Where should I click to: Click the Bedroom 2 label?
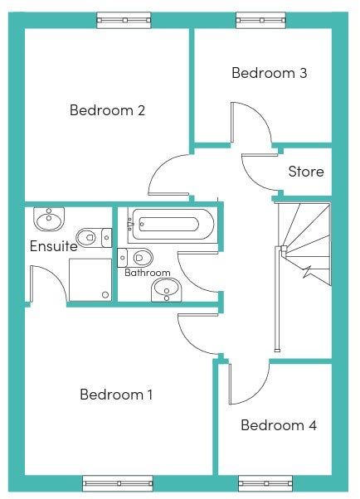(x=107, y=110)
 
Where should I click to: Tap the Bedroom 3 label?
(x=270, y=73)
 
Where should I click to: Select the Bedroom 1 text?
(x=116, y=395)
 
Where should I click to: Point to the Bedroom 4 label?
(x=279, y=425)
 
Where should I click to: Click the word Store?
(x=306, y=172)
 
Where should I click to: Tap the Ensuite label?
(x=54, y=246)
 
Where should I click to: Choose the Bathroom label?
(x=147, y=273)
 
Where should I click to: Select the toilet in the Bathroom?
(x=135, y=258)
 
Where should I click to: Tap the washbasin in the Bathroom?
(x=166, y=290)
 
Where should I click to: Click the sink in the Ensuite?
(x=49, y=219)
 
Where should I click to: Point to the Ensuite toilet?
(x=94, y=237)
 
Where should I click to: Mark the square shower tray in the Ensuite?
(x=90, y=279)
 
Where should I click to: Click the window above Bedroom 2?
(x=124, y=21)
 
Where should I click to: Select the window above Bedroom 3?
(x=261, y=21)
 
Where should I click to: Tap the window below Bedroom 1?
(x=118, y=483)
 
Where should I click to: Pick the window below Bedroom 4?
(x=265, y=483)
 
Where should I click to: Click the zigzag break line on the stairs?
(x=308, y=271)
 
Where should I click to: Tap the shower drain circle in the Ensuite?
(x=105, y=295)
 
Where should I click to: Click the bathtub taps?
(x=130, y=224)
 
